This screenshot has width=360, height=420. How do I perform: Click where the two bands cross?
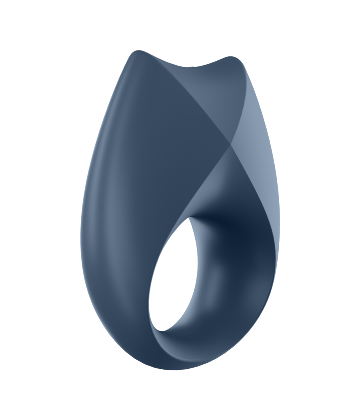click(230, 144)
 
